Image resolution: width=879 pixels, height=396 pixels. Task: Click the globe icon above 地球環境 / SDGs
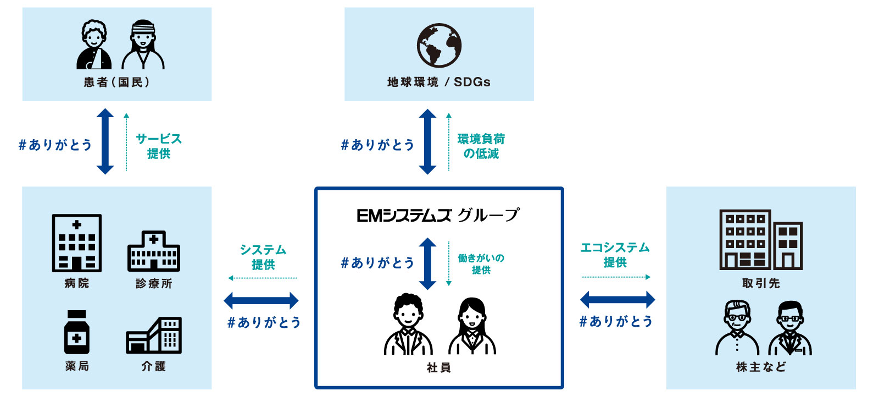[x=439, y=45]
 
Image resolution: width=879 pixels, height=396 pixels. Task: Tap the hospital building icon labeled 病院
[x=77, y=243]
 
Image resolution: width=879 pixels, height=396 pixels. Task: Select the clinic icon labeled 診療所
[x=154, y=251]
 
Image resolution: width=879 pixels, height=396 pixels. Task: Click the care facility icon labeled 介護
[x=154, y=335]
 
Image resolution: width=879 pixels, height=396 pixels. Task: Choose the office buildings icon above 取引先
[x=761, y=240]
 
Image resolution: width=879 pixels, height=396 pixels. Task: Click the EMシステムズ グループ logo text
[x=438, y=215]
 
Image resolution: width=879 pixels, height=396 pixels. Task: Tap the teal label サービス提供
[x=158, y=146]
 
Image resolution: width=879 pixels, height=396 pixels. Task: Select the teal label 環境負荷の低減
[x=481, y=146]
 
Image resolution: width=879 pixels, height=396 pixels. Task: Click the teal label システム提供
[x=263, y=257]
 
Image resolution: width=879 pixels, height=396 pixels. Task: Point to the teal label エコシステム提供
[x=615, y=255]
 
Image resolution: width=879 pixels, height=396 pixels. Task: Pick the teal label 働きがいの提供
[x=481, y=263]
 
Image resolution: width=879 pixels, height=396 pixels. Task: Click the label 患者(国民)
[x=116, y=82]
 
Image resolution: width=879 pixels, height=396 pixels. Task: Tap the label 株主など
[x=761, y=367]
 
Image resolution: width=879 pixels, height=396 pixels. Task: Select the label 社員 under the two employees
[x=438, y=367]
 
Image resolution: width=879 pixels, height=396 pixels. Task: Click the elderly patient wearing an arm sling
[x=94, y=45]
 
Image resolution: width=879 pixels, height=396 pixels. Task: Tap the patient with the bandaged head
[x=143, y=45]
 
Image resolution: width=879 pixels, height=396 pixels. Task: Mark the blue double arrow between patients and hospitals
[x=105, y=141]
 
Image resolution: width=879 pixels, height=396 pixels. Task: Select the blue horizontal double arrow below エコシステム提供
[x=617, y=300]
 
